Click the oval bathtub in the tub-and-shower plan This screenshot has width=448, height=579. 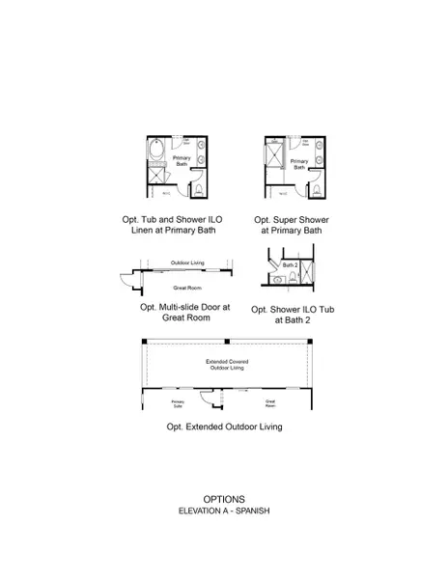(158, 154)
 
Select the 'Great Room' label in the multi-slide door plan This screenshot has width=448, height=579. (185, 287)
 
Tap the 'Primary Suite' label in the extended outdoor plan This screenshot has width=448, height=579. (179, 403)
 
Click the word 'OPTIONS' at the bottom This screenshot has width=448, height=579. (223, 499)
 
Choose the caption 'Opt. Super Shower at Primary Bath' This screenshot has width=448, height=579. (291, 226)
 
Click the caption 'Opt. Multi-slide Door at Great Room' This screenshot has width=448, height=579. (185, 313)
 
